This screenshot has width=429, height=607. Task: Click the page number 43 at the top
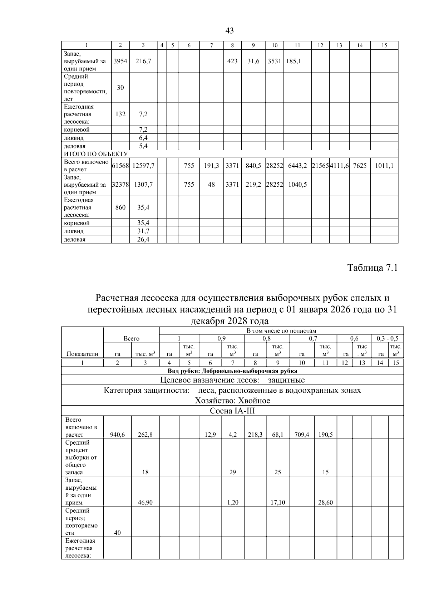(x=230, y=31)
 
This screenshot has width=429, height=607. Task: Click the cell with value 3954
(x=120, y=61)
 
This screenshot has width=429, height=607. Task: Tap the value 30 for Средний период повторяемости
(x=120, y=87)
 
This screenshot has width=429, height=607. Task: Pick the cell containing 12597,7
(x=143, y=166)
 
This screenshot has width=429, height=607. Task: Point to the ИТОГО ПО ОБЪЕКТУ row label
(x=95, y=154)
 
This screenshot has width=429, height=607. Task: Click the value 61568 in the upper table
(x=120, y=166)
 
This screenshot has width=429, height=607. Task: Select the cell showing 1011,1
(x=384, y=166)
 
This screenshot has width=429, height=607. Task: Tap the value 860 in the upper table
(x=120, y=207)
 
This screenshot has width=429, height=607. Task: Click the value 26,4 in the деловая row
(x=143, y=239)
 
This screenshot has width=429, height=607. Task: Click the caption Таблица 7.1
(x=373, y=268)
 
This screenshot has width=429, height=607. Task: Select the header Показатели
(x=82, y=354)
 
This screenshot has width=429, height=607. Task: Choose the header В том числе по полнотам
(x=281, y=331)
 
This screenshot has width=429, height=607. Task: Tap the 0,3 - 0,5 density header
(x=388, y=338)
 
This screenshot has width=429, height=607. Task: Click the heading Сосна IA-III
(x=232, y=411)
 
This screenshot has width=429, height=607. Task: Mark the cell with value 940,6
(x=117, y=435)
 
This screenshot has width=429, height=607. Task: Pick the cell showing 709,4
(x=302, y=435)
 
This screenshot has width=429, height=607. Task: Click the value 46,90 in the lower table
(x=145, y=502)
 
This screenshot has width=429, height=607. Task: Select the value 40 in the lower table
(x=117, y=533)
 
